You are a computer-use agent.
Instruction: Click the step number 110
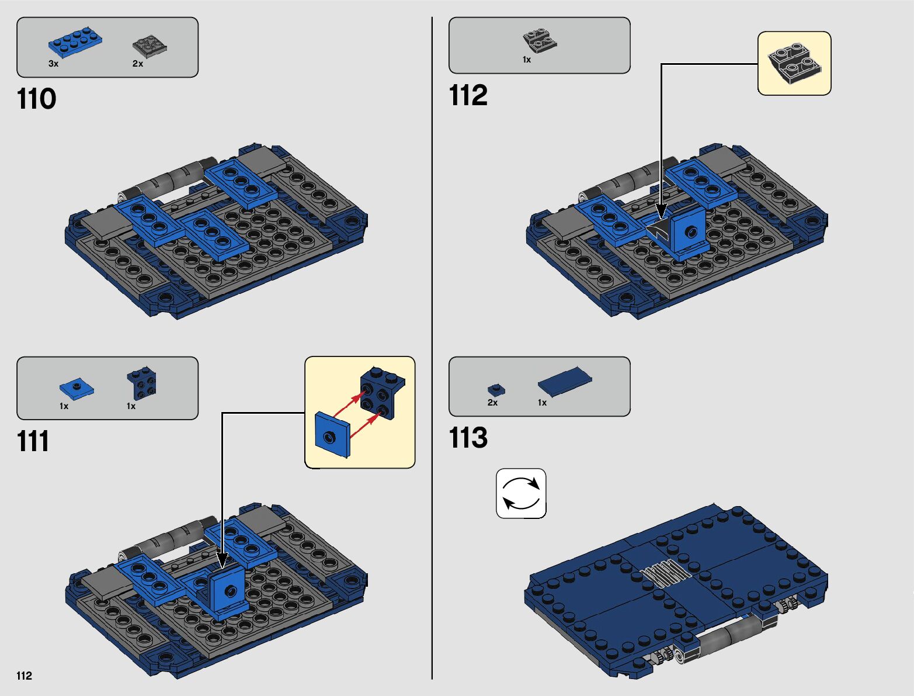click(36, 99)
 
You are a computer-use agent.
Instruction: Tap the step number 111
click(33, 441)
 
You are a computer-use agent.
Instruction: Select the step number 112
click(468, 95)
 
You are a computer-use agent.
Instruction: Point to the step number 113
click(468, 438)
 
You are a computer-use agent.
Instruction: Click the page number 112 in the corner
click(24, 676)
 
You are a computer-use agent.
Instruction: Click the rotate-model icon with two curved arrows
click(521, 494)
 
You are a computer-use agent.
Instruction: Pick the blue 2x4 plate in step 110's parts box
click(75, 42)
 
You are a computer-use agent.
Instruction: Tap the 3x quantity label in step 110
click(53, 64)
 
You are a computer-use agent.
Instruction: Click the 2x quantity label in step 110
click(138, 64)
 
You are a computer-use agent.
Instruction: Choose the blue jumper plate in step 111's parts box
click(77, 389)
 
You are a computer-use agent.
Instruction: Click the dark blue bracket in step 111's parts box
click(141, 383)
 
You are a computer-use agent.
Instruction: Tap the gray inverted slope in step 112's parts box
click(540, 40)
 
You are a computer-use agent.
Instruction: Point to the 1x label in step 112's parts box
click(527, 60)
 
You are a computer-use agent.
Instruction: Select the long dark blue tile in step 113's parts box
click(565, 380)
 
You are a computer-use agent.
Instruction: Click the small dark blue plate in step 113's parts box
click(496, 390)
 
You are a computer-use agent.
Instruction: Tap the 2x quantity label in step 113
click(492, 403)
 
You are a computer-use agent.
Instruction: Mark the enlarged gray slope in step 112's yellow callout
click(794, 63)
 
